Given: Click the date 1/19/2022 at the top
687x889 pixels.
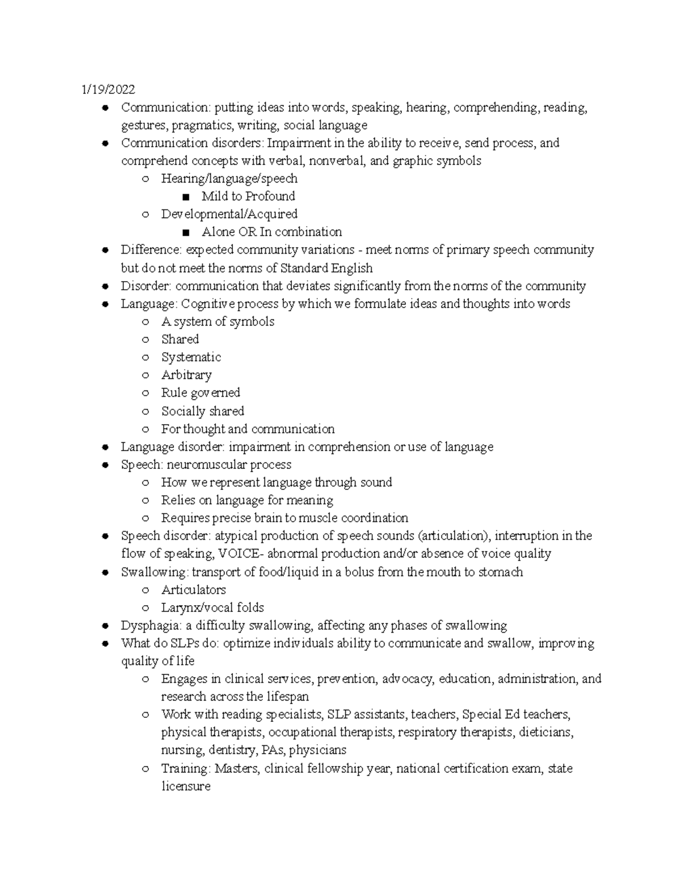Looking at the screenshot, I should coord(108,89).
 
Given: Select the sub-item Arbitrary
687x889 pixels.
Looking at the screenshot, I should coord(186,375).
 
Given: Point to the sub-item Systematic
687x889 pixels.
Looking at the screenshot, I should coord(191,357).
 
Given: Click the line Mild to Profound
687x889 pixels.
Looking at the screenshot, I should coord(248,196).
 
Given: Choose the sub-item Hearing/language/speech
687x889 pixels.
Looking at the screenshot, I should coord(229,179).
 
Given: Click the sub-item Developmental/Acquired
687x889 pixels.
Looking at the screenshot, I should coord(229,214).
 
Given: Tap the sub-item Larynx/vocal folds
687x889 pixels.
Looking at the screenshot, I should coord(212,607).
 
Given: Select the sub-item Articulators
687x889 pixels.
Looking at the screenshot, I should coord(194,590).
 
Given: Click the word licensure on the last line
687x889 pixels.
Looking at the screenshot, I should coord(185,787).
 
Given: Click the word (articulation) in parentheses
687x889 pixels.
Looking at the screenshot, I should coord(453,536).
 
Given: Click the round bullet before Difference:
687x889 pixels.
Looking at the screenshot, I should coord(105,250).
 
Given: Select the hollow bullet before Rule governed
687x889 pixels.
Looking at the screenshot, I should coord(145,393).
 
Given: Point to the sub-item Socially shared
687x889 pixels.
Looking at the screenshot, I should coord(203,411).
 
